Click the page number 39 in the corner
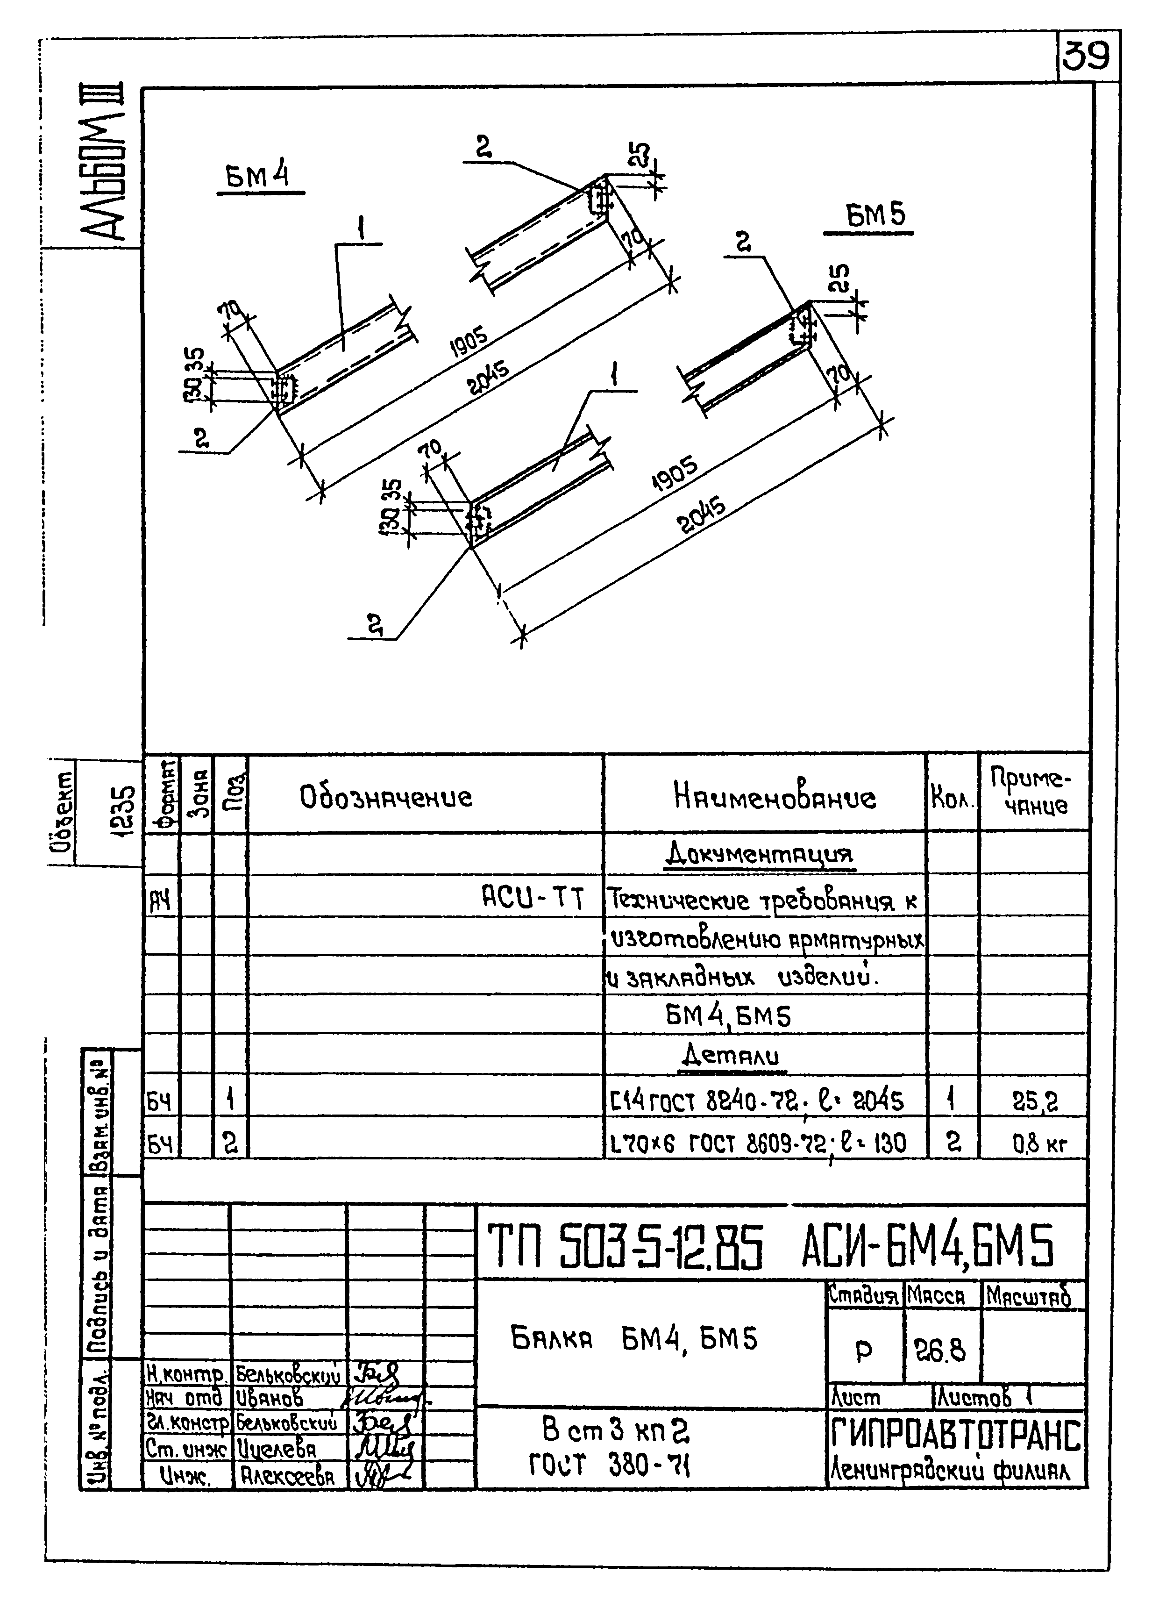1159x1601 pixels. pos(1086,56)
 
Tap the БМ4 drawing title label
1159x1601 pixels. pos(258,177)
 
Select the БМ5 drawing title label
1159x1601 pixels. pos(875,215)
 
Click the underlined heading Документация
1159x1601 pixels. pos(760,856)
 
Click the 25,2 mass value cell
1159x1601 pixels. pos(1035,1101)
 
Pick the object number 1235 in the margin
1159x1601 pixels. pos(123,812)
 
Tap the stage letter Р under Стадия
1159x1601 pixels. pos(863,1351)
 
